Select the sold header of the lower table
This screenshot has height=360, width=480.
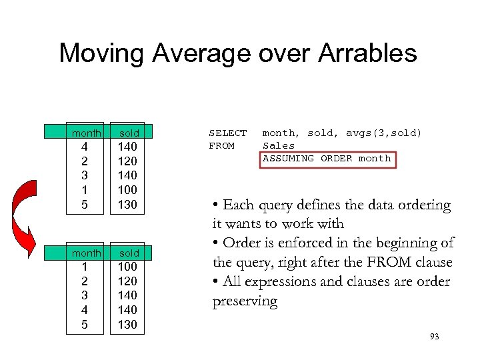pos(129,253)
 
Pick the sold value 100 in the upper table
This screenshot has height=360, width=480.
pos(127,190)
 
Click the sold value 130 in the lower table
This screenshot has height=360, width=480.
pos(127,325)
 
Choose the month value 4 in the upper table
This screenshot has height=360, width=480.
pos(84,147)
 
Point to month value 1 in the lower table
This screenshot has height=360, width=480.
pos(84,267)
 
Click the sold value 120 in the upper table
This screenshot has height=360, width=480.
pos(127,161)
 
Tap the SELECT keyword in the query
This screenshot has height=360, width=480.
pos(227,133)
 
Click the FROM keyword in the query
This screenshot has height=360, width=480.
pos(221,145)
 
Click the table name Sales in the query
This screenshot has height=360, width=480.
pos(279,145)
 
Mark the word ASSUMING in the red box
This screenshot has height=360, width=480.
pos(288,158)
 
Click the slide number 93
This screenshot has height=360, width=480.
pos(435,337)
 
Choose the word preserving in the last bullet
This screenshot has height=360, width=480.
pos(245,301)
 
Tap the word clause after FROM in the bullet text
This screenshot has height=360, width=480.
pos(434,263)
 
